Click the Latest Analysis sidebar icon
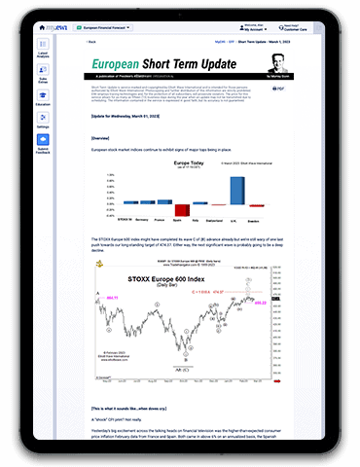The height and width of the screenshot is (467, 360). coord(43,55)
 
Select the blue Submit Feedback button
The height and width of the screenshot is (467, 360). coord(43,141)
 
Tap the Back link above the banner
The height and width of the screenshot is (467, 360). coord(92,43)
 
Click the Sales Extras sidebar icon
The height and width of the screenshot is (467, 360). coord(43,81)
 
